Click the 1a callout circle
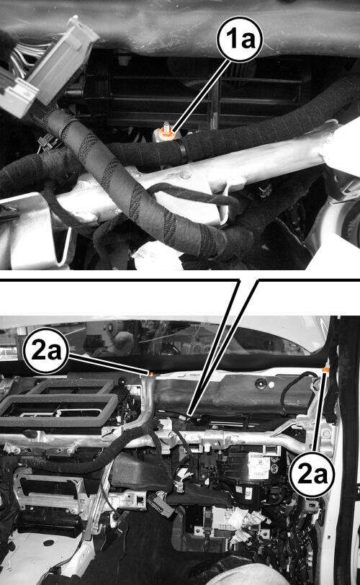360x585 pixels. pyautogui.click(x=240, y=39)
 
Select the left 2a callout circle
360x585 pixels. pyautogui.click(x=45, y=350)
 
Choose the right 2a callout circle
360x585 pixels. pyautogui.click(x=312, y=474)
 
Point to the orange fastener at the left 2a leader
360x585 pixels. pyautogui.click(x=152, y=373)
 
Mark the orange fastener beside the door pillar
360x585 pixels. pyautogui.click(x=325, y=370)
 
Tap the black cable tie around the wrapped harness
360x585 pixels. pyautogui.click(x=182, y=151)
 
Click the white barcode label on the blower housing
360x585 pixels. pyautogui.click(x=258, y=465)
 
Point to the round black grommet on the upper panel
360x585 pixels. pyautogui.click(x=261, y=383)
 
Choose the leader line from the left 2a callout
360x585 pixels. pyautogui.click(x=109, y=363)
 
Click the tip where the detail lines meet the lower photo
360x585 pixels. pyautogui.click(x=190, y=415)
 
